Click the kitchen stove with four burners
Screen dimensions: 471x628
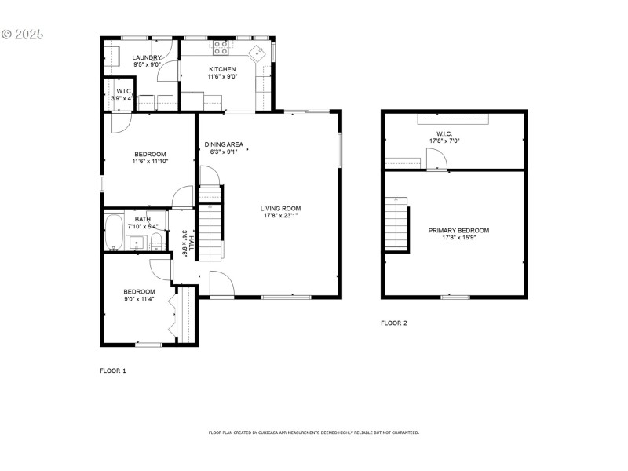(221, 48)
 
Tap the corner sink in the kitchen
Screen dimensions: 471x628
(257, 53)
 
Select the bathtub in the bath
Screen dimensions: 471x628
(112, 232)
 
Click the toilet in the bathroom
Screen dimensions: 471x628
(156, 239)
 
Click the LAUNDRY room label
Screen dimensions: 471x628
(147, 57)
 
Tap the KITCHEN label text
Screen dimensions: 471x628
(222, 69)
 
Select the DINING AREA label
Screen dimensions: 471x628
(224, 144)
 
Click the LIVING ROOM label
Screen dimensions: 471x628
(280, 209)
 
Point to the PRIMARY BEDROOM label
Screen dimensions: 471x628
(458, 231)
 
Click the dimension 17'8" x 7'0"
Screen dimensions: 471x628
(444, 141)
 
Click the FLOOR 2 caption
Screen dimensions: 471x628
(394, 323)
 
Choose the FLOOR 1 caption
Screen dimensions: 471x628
(112, 370)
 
